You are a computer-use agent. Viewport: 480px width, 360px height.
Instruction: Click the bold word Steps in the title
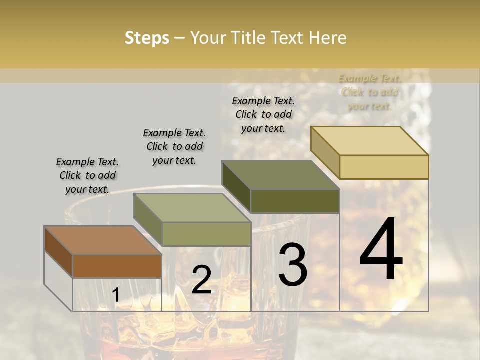[x=147, y=38]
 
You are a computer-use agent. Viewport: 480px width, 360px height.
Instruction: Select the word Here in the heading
[x=327, y=38]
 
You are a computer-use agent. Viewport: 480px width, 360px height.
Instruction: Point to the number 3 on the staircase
[x=292, y=265]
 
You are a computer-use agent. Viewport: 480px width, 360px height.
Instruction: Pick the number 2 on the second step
[x=201, y=280]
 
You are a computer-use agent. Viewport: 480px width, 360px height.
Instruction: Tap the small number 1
[x=115, y=295]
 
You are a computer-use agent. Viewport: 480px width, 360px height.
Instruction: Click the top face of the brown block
[x=103, y=240]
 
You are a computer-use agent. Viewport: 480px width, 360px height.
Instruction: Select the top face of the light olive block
[x=192, y=208]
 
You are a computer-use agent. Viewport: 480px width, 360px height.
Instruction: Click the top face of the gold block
[x=370, y=141]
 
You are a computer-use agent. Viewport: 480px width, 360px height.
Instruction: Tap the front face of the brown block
[x=117, y=266]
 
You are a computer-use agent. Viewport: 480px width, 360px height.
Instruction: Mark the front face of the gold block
[x=384, y=167]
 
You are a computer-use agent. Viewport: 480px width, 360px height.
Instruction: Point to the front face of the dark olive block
[x=295, y=201]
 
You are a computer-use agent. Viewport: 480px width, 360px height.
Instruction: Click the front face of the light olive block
[x=206, y=234]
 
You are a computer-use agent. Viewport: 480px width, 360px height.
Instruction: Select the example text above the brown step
[x=87, y=175]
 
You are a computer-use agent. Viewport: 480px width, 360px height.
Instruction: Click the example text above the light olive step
[x=174, y=146]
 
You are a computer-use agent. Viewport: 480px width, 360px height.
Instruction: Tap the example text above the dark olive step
[x=263, y=114]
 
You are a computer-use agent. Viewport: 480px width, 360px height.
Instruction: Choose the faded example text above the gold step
[x=369, y=92]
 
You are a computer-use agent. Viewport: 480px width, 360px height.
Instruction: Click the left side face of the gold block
[x=325, y=152]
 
